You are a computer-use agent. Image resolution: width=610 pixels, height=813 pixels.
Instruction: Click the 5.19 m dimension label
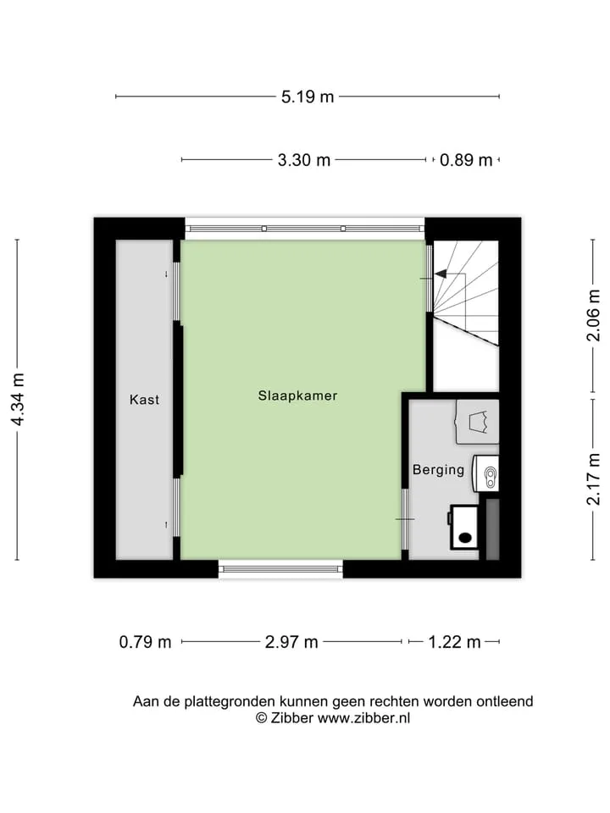(x=308, y=97)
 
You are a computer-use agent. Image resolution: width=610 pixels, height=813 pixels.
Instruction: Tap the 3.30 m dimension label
(x=304, y=160)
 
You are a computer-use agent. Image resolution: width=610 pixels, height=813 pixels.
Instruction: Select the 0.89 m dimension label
(x=466, y=160)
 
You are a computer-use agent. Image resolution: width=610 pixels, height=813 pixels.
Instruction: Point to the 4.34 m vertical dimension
(x=18, y=400)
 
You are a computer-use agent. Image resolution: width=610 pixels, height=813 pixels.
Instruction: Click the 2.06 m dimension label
(x=593, y=315)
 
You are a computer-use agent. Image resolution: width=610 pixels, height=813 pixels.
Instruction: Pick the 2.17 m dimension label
(x=593, y=479)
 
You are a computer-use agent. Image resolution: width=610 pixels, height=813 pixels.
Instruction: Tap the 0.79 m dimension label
(x=145, y=643)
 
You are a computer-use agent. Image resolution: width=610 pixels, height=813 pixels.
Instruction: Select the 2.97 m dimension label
(x=291, y=643)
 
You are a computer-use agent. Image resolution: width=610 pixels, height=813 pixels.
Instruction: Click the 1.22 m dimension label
(x=454, y=643)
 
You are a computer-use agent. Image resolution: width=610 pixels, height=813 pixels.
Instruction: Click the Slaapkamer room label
(x=297, y=395)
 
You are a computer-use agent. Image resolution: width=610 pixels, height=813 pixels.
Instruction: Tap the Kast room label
(x=144, y=400)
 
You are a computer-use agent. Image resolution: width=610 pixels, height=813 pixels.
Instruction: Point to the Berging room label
(x=438, y=470)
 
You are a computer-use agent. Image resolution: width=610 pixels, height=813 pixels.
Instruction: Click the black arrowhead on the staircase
(x=441, y=274)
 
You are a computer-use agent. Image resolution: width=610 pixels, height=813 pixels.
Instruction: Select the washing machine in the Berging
(x=463, y=528)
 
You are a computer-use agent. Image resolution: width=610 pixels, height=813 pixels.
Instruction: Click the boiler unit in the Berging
(x=486, y=473)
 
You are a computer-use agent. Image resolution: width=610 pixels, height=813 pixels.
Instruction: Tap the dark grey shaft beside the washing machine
(x=492, y=529)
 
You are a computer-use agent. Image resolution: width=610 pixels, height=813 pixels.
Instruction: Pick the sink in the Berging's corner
(x=478, y=422)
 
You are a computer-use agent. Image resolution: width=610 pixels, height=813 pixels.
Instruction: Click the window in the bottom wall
(x=280, y=569)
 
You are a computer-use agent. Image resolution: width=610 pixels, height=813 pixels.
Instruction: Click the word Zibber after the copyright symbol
(x=292, y=718)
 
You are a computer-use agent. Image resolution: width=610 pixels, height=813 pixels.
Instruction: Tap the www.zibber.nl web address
(x=363, y=718)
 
